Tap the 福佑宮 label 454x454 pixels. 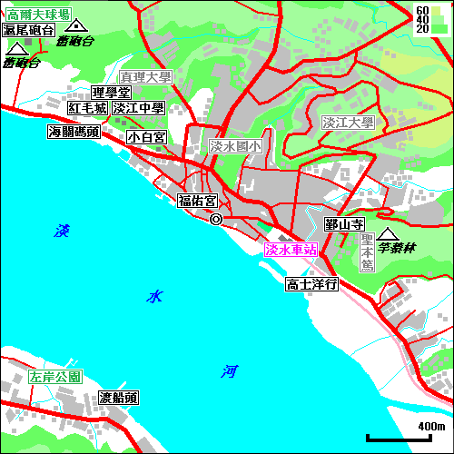(x=197, y=201)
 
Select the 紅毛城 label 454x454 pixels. (x=88, y=108)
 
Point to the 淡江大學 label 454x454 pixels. (x=348, y=123)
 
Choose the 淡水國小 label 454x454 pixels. (x=235, y=145)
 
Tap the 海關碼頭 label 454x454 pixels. (x=74, y=133)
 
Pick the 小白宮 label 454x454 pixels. (x=146, y=137)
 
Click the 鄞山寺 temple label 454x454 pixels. (x=344, y=223)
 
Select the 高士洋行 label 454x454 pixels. (x=311, y=284)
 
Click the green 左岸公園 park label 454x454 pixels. (x=55, y=376)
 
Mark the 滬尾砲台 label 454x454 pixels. (x=28, y=30)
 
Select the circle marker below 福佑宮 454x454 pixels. (x=216, y=219)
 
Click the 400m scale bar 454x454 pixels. (x=406, y=439)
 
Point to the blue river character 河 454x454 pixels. (x=229, y=370)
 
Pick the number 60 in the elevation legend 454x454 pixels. (x=421, y=10)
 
